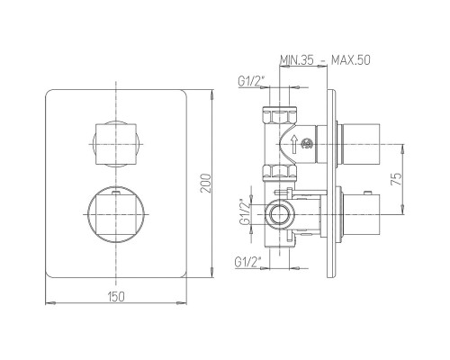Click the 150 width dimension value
pos(116,296)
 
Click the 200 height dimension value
pos(206,184)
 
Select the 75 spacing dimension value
pos(396,179)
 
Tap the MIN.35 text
pos(297,60)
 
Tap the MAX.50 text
pos(350,60)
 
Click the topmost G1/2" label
pos(251,81)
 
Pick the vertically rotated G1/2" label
pos(245,211)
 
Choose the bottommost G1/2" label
pos(247,262)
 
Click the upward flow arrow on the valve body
pos(294,144)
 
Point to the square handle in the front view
pos(116,144)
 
